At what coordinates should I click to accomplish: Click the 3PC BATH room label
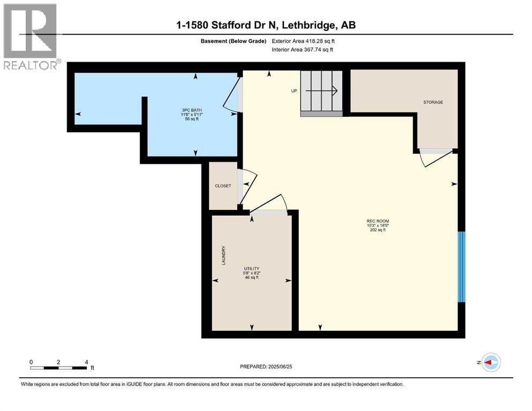tap(191, 109)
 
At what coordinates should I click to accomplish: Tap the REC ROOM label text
tap(378, 221)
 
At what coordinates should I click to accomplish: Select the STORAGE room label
tap(433, 102)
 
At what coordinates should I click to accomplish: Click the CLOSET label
tap(223, 186)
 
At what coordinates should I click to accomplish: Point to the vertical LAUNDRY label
tap(224, 256)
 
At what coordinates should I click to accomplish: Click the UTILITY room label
tap(252, 268)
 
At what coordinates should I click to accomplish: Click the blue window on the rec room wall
tap(461, 267)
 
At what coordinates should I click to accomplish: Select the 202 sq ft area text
tap(378, 230)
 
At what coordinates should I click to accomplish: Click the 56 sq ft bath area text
tap(191, 119)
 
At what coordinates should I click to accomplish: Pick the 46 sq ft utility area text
tap(252, 277)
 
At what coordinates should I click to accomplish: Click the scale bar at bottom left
tap(59, 367)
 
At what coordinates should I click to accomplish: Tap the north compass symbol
tap(491, 362)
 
